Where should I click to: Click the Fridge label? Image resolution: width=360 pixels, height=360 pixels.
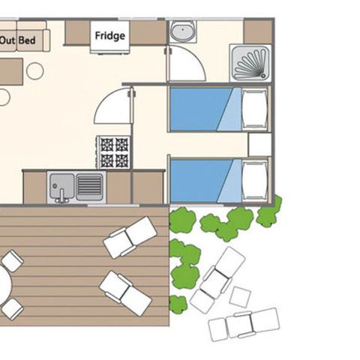pyautogui.click(x=109, y=35)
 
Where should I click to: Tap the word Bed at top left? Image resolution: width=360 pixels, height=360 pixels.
pyautogui.click(x=27, y=40)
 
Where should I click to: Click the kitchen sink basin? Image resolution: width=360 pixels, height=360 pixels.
pyautogui.click(x=61, y=184)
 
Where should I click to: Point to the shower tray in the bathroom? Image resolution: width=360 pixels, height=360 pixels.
pyautogui.click(x=251, y=61)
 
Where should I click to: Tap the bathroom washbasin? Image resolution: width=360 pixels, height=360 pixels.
pyautogui.click(x=181, y=31)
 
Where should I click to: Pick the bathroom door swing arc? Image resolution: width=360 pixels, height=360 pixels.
pyautogui.click(x=186, y=64)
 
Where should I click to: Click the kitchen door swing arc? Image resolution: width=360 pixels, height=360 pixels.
pyautogui.click(x=112, y=106)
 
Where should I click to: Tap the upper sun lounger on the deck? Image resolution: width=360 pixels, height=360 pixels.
pyautogui.click(x=130, y=237)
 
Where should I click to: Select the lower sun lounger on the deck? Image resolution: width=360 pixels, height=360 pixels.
pyautogui.click(x=125, y=292)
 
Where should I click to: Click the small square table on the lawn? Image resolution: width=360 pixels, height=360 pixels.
pyautogui.click(x=240, y=296)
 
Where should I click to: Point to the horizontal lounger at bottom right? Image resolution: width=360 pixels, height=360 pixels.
pyautogui.click(x=243, y=324)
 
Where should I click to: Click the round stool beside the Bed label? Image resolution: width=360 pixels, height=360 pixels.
pyautogui.click(x=34, y=71)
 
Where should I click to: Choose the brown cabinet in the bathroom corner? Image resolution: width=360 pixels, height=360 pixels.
pyautogui.click(x=258, y=31)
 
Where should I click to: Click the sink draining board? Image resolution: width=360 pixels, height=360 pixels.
pyautogui.click(x=89, y=184)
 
